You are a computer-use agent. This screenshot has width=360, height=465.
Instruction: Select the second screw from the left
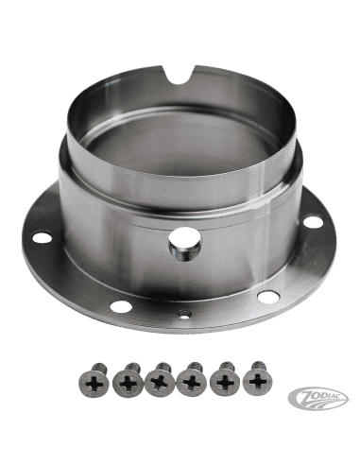[x=126, y=380]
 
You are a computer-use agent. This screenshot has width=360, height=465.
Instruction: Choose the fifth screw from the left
[x=224, y=380]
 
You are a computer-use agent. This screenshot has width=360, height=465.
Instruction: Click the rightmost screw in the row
[x=256, y=380]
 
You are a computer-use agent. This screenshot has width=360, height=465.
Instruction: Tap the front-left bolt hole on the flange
[x=119, y=306]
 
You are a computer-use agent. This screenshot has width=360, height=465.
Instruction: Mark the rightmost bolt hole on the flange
[x=313, y=221]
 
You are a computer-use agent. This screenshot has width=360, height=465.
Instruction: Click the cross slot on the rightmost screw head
[x=256, y=383]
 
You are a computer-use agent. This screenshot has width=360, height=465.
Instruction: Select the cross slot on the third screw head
[x=159, y=384]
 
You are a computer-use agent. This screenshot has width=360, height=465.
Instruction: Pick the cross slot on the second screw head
[x=126, y=384]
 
